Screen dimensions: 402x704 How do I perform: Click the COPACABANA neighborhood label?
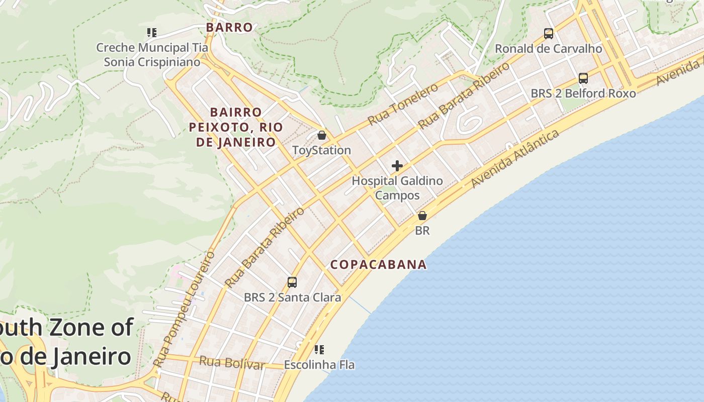coord(378,264)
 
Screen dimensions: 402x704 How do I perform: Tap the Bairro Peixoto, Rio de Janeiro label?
coord(236,127)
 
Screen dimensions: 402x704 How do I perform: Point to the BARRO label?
coord(229,28)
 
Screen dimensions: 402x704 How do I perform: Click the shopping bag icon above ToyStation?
coord(322,135)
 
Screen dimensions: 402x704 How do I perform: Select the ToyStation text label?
coord(322,150)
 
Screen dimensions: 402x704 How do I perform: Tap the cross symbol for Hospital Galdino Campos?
coord(397,166)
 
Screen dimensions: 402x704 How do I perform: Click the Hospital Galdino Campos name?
coord(397,188)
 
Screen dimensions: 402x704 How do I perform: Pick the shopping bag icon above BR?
coord(422,216)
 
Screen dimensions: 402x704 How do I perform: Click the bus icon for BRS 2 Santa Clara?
coord(292,282)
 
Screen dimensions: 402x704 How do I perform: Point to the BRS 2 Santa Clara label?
coord(293,297)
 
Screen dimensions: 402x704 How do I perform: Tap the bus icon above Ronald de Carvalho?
coord(549,34)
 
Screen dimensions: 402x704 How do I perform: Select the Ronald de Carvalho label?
coord(549,49)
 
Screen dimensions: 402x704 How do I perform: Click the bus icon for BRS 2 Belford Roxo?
coord(583,78)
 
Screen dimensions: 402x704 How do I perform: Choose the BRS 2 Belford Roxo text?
coord(583,93)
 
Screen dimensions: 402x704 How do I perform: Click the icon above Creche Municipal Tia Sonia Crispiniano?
coord(152,33)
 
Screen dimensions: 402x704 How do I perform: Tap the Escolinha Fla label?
coord(319,365)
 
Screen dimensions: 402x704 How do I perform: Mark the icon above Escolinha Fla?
coord(319,349)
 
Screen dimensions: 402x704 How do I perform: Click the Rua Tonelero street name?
coord(403,105)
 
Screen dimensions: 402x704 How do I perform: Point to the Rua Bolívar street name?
coord(232,362)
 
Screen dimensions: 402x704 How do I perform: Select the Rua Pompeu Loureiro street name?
coord(184,309)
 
